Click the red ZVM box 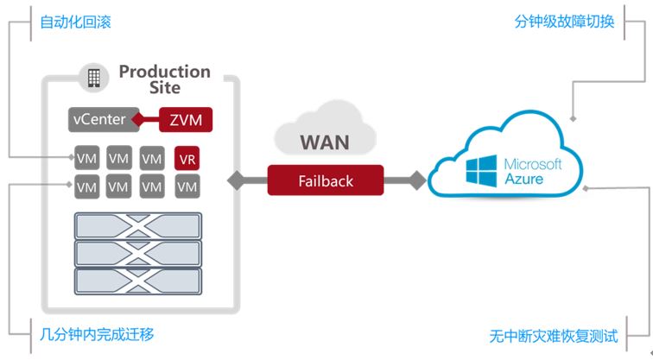click(x=186, y=120)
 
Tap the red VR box click(x=187, y=158)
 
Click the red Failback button click(x=326, y=180)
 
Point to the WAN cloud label click(x=325, y=142)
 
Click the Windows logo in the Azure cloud click(x=481, y=171)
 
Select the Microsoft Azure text click(x=533, y=171)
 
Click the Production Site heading click(x=165, y=79)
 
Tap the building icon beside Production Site click(x=93, y=78)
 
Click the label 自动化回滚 click(x=75, y=22)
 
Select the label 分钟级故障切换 click(x=564, y=22)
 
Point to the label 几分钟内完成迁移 click(x=97, y=334)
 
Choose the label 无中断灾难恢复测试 click(x=554, y=336)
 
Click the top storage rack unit click(x=138, y=226)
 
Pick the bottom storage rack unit click(x=138, y=281)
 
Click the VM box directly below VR click(x=187, y=186)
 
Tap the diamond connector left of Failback click(x=237, y=180)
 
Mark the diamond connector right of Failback click(x=417, y=180)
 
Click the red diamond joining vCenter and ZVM click(x=138, y=120)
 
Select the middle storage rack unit click(x=138, y=254)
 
